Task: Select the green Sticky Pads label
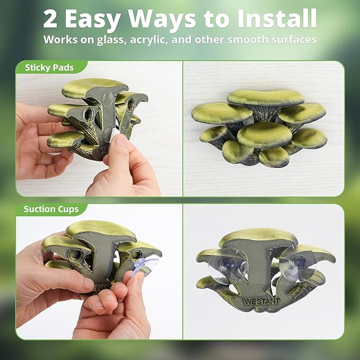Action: point(49,68)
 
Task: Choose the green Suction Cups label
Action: point(51,209)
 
